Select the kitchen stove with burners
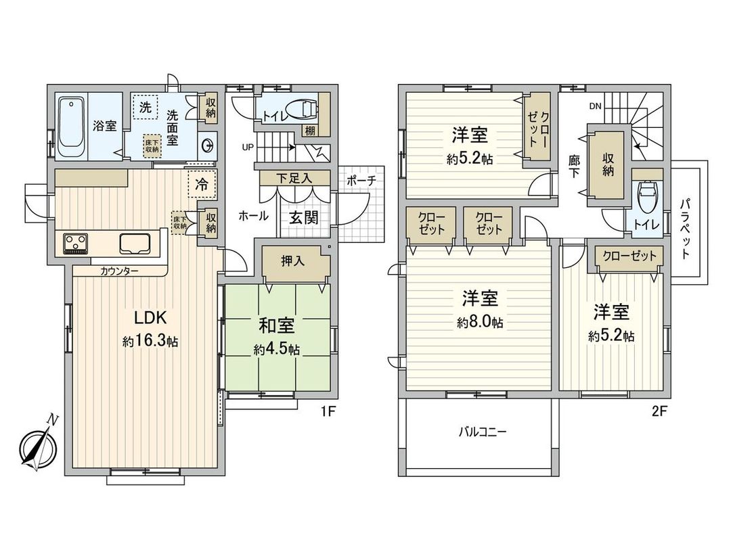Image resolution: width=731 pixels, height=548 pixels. point(76,243)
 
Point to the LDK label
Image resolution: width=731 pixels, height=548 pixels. point(150,318)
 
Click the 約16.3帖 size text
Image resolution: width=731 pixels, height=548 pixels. point(150,342)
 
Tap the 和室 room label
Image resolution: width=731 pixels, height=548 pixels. point(276,325)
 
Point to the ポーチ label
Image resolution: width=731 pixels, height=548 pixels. point(361,181)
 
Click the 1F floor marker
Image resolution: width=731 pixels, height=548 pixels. point(330,409)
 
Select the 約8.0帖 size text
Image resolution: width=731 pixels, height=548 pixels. point(480,323)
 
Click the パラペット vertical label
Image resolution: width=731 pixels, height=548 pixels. point(685,228)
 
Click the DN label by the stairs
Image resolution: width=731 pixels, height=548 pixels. point(595,106)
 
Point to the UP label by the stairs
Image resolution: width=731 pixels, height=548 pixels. point(248,146)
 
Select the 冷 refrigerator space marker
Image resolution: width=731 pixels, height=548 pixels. point(202,183)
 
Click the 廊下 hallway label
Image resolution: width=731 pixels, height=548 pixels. point(574,166)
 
